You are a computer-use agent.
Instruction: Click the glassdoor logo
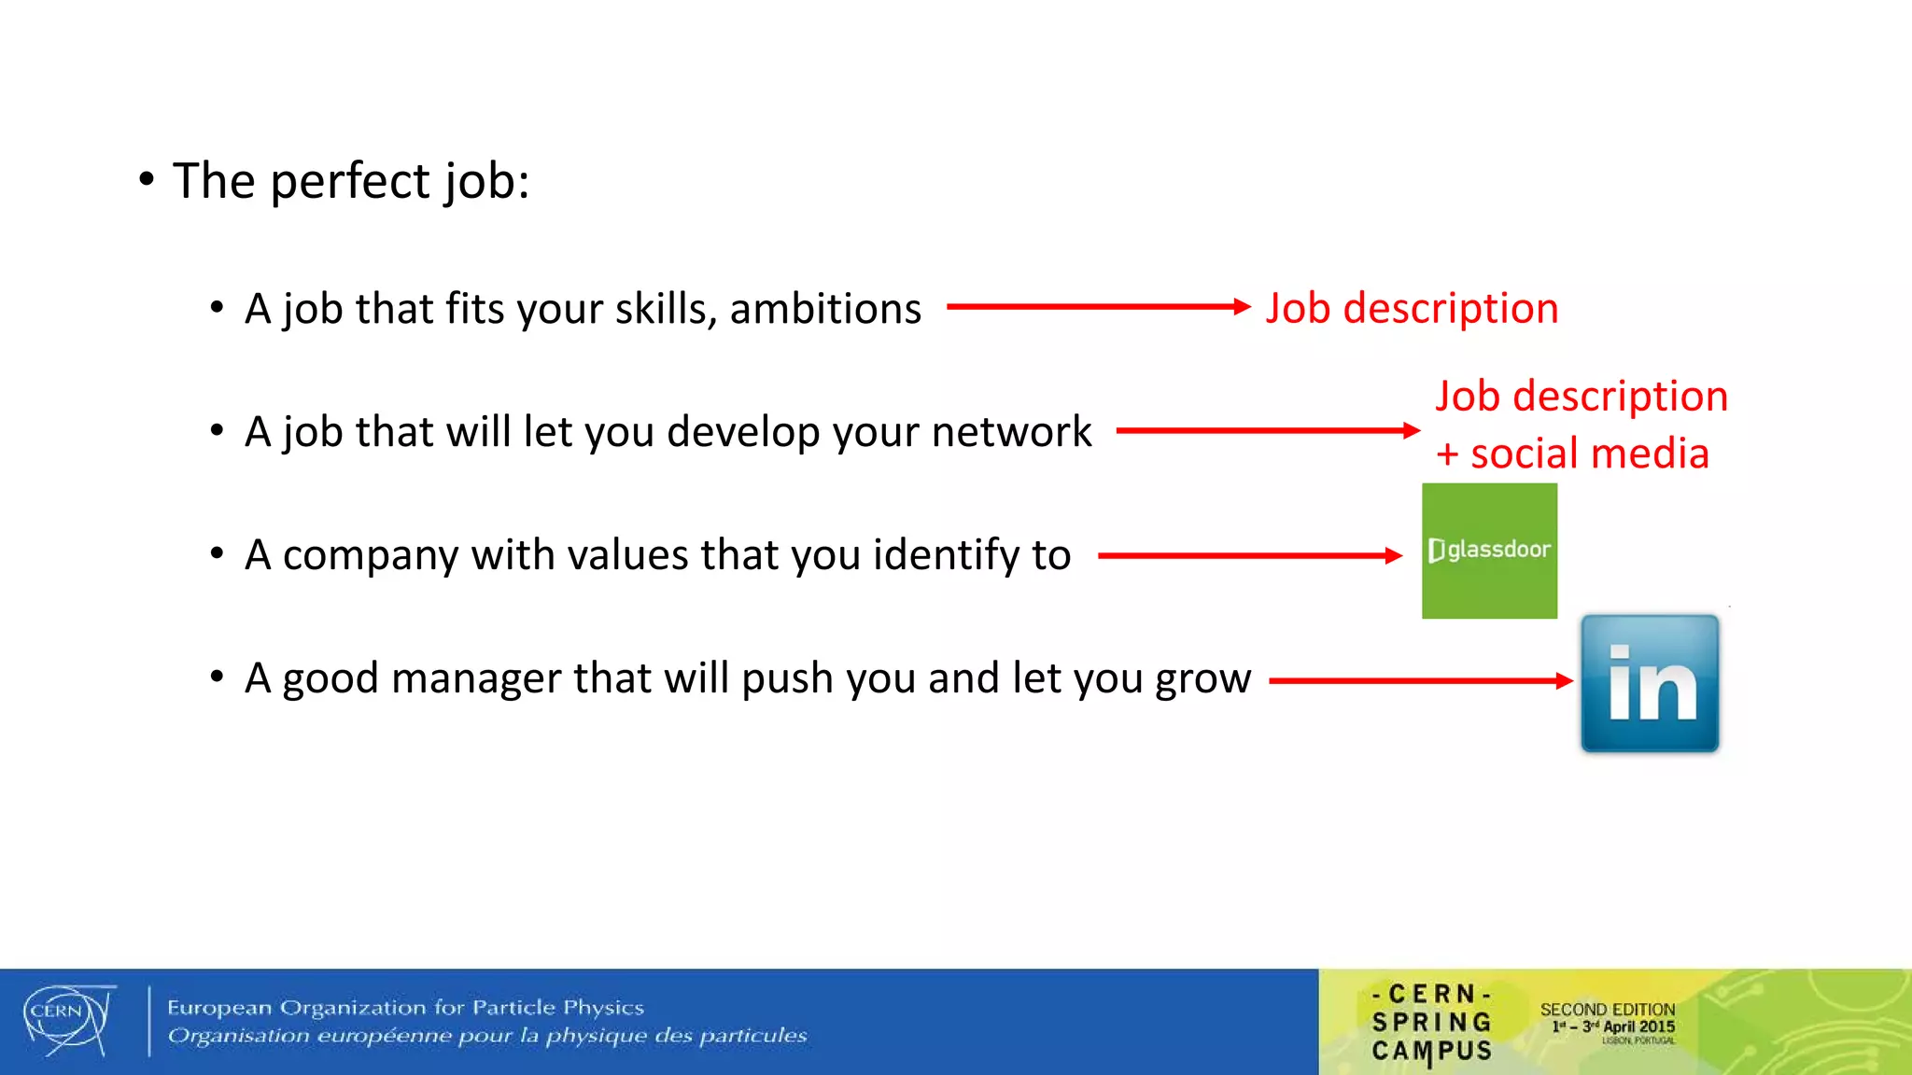pyautogui.click(x=1489, y=551)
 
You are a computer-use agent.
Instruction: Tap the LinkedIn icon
pyautogui.click(x=1650, y=683)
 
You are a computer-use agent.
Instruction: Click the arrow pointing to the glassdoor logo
pyautogui.click(x=1250, y=556)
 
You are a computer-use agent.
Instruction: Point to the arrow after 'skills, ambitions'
pyautogui.click(x=1098, y=306)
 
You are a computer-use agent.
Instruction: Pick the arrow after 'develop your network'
pyautogui.click(x=1268, y=430)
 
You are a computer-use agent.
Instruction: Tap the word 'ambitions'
pyautogui.click(x=825, y=309)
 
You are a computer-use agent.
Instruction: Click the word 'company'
pyautogui.click(x=371, y=556)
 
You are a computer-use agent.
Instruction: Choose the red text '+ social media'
pyautogui.click(x=1572, y=454)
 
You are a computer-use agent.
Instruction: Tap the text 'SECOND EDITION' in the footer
pyautogui.click(x=1607, y=1009)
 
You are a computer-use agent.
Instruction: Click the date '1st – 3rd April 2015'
pyautogui.click(x=1613, y=1026)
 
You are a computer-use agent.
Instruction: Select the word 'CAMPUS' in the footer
pyautogui.click(x=1431, y=1051)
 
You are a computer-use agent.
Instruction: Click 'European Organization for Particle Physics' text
pyautogui.click(x=405, y=1007)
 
